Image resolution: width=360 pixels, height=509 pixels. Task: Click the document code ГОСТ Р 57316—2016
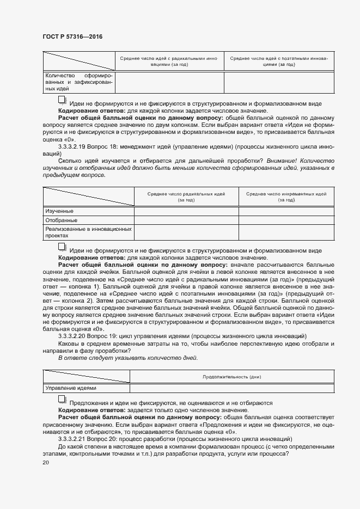[x=72, y=36]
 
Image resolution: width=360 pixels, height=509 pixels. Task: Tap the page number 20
[x=46, y=462]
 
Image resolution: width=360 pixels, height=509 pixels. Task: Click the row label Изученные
[x=59, y=211]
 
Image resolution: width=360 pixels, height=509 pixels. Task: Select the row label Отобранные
[x=61, y=220]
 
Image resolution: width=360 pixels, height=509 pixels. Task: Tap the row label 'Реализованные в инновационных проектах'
[x=88, y=232]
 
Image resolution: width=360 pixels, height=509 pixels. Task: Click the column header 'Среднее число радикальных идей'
[x=186, y=197]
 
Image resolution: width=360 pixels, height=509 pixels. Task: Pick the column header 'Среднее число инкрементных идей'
[x=286, y=197]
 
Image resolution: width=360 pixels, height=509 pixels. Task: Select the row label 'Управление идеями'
[x=71, y=388]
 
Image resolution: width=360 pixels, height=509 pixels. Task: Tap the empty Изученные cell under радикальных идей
[x=186, y=211]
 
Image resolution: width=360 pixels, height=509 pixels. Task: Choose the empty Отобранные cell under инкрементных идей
[x=286, y=220]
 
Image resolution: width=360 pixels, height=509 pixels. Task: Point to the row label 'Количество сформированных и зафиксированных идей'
[x=78, y=81]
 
